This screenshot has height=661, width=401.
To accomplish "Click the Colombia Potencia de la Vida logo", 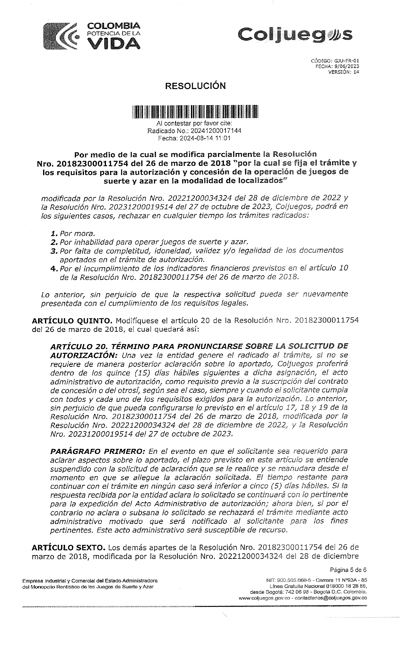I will pos(92,36).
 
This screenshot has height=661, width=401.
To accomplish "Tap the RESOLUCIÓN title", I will pos(196,86).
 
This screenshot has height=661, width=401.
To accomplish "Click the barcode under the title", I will pos(195,112).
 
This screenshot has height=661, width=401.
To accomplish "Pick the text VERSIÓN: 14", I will pos(343,72).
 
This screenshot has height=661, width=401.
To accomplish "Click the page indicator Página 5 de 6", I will pos(348,570).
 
